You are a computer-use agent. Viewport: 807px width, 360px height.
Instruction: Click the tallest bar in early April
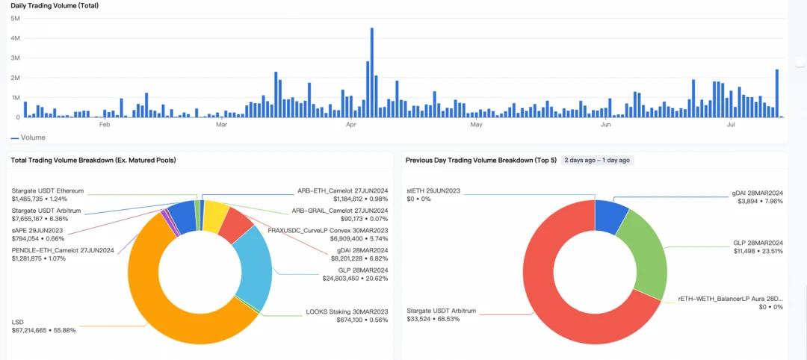click(x=371, y=75)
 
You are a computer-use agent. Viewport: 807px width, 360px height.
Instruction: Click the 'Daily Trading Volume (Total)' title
click(x=55, y=6)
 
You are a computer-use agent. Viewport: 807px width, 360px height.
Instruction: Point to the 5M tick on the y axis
click(x=15, y=18)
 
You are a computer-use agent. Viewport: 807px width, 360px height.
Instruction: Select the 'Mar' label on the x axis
click(x=221, y=125)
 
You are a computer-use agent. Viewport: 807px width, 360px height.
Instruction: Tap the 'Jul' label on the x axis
click(x=732, y=125)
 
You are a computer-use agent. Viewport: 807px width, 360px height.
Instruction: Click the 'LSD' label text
click(x=17, y=322)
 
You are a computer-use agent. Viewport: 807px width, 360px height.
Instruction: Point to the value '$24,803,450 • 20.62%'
click(x=355, y=279)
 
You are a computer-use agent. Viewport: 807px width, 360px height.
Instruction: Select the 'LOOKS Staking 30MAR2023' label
click(x=347, y=311)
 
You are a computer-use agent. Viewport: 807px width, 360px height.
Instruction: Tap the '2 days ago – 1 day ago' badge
click(x=597, y=160)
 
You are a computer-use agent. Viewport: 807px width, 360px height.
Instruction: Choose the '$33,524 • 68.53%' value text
click(x=433, y=319)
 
